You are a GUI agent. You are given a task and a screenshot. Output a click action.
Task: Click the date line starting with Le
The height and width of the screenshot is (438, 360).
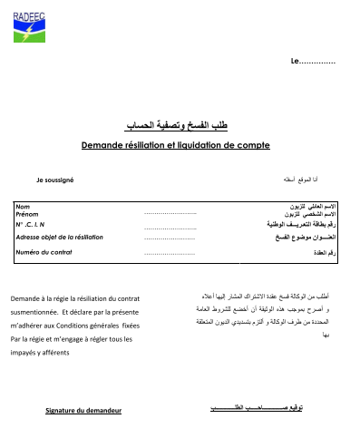312,62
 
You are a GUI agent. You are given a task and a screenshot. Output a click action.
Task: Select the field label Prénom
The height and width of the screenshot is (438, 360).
28,214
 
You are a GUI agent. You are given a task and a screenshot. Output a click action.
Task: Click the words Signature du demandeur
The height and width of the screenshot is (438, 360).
83,411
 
